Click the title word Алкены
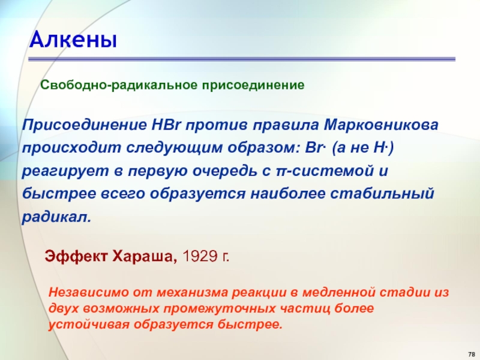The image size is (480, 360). (x=73, y=40)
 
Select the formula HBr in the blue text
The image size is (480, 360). (x=166, y=125)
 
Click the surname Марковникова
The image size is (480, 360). (x=381, y=125)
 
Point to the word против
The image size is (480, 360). (x=216, y=125)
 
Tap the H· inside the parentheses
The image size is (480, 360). (x=381, y=148)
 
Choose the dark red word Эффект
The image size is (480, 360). (x=76, y=256)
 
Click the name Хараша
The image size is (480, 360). (x=145, y=257)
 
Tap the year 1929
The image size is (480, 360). (x=200, y=256)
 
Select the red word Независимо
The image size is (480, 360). (x=89, y=292)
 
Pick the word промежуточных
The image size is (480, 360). (x=220, y=308)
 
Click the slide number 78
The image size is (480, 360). (x=471, y=353)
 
